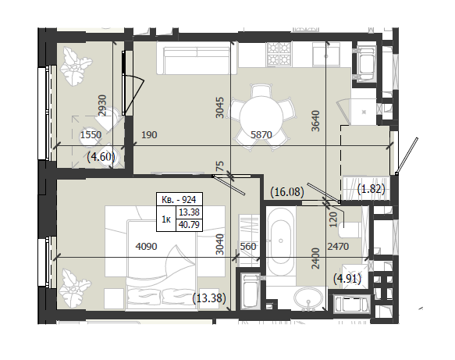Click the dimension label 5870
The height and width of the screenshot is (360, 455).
[x=261, y=135]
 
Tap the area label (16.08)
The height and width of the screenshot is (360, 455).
[x=287, y=192]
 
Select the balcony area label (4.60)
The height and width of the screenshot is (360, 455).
[x=101, y=157]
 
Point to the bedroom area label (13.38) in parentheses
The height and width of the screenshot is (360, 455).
[x=209, y=298]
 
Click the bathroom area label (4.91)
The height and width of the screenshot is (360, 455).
[x=347, y=279]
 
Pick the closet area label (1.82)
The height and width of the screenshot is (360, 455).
[x=371, y=189]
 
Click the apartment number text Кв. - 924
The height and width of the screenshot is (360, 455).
[x=179, y=199]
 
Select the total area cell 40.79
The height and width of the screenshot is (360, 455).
[x=189, y=225]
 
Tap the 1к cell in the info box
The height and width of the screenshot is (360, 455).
[x=166, y=219]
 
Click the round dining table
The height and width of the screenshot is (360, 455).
[x=261, y=117]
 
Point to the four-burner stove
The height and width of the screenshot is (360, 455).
[x=279, y=53]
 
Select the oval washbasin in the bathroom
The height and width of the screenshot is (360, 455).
[x=308, y=298]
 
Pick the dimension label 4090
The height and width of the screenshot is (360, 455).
[x=146, y=247]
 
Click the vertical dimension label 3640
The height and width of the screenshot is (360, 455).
[x=315, y=121]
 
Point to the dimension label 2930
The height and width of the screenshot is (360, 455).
[x=102, y=105]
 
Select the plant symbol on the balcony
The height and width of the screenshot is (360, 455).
[x=76, y=67]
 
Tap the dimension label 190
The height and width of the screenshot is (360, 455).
[x=149, y=135]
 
